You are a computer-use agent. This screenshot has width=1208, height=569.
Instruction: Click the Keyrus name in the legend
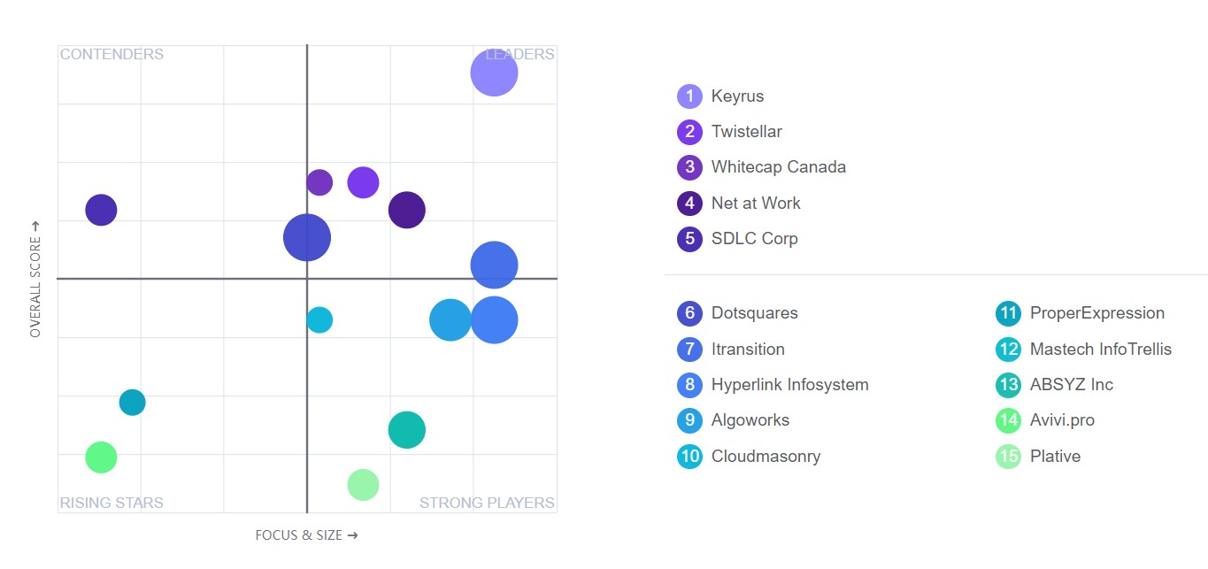tap(737, 96)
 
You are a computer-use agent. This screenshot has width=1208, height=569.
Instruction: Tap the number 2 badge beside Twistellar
tap(689, 132)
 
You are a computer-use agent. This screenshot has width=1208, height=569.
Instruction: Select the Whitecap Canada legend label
tap(778, 167)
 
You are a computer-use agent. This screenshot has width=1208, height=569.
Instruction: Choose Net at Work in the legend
tap(755, 204)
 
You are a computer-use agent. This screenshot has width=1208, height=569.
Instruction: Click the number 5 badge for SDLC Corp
tap(689, 239)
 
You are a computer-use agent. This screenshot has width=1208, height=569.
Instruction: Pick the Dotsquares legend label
tap(754, 313)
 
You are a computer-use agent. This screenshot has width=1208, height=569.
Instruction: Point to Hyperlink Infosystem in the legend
tap(789, 385)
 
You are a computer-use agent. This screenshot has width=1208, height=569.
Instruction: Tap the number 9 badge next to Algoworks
tap(689, 420)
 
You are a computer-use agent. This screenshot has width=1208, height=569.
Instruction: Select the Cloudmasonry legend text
tap(766, 457)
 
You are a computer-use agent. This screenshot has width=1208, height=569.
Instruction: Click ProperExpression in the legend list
tap(1096, 313)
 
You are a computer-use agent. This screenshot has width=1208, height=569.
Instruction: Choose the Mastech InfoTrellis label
tap(1100, 350)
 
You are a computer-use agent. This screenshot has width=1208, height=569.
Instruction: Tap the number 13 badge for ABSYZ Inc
tap(1008, 385)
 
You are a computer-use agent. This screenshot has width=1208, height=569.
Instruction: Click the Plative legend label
tap(1055, 457)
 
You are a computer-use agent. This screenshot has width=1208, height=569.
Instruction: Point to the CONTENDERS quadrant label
tap(112, 54)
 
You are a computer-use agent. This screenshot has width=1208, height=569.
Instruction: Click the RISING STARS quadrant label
tap(112, 503)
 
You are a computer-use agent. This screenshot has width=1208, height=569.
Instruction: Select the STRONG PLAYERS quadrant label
tap(487, 503)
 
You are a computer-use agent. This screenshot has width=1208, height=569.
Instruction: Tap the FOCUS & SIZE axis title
tap(306, 535)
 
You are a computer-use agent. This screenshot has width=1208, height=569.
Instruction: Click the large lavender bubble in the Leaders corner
tap(494, 73)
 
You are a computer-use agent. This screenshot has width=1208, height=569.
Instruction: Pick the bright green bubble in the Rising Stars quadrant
tap(101, 458)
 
